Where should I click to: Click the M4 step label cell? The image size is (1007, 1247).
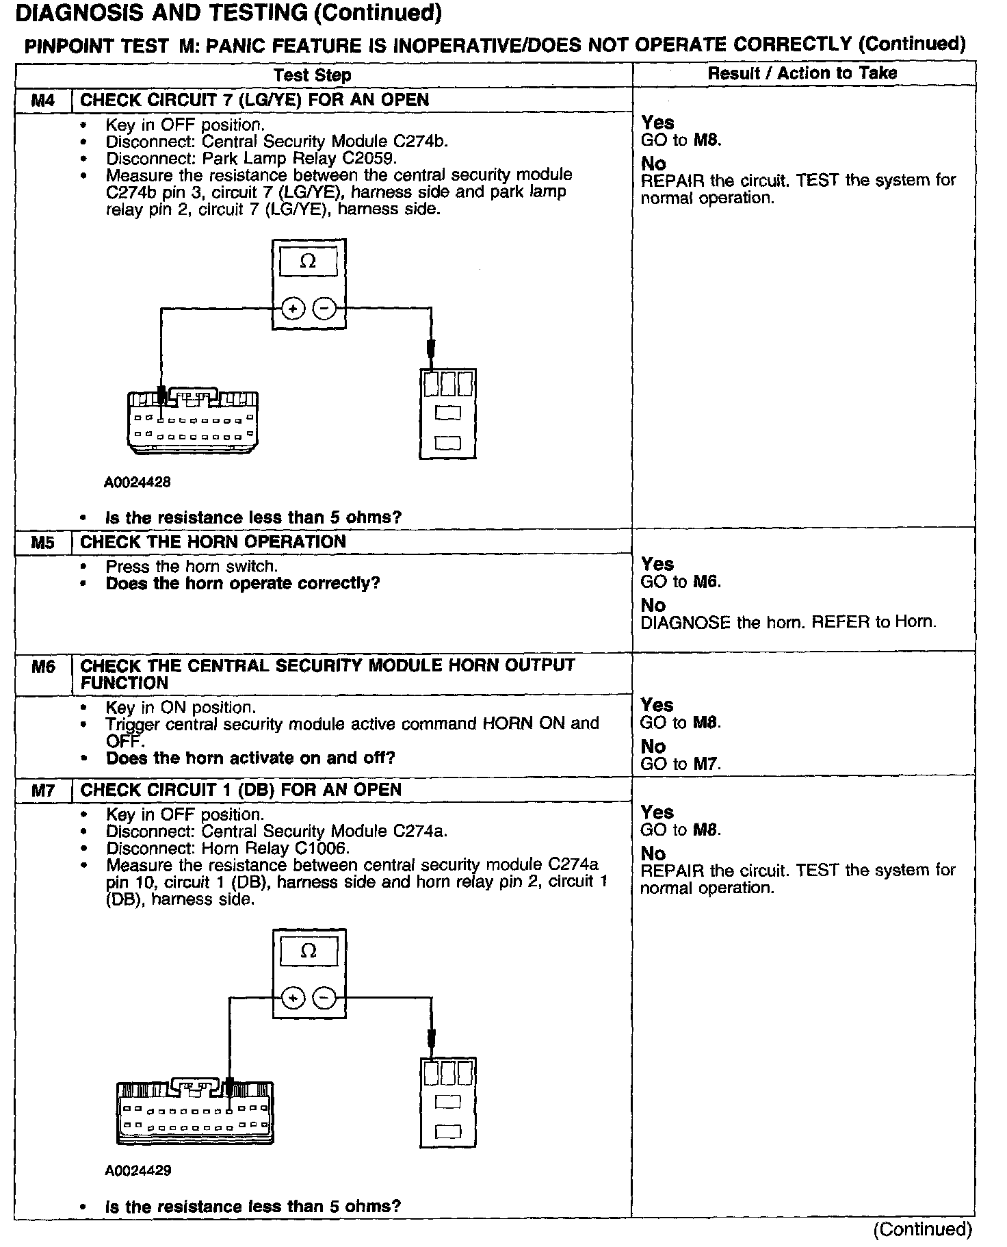(x=42, y=101)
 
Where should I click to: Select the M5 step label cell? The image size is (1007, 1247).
(x=42, y=543)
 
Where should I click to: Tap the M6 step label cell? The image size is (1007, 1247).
(x=42, y=667)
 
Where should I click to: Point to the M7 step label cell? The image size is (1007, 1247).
(x=42, y=790)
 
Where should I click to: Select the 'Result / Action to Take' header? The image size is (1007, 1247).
(x=802, y=73)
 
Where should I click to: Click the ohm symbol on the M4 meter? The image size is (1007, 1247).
(x=309, y=261)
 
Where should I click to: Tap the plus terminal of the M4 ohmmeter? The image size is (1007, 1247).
(x=293, y=309)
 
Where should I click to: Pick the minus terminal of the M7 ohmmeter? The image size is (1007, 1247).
(x=324, y=999)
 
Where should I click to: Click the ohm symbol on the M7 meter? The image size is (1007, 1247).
(x=309, y=951)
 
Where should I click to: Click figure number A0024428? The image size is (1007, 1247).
(x=138, y=483)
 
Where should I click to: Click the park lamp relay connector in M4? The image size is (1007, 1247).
(x=447, y=413)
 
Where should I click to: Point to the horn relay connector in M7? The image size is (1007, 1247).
(x=447, y=1103)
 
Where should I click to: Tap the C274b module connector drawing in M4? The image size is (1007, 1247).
(x=193, y=422)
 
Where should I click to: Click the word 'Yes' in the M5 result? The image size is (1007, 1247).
(x=657, y=565)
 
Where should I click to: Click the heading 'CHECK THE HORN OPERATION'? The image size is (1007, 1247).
(x=213, y=542)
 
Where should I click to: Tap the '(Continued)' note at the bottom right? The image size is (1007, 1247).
(x=921, y=1230)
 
